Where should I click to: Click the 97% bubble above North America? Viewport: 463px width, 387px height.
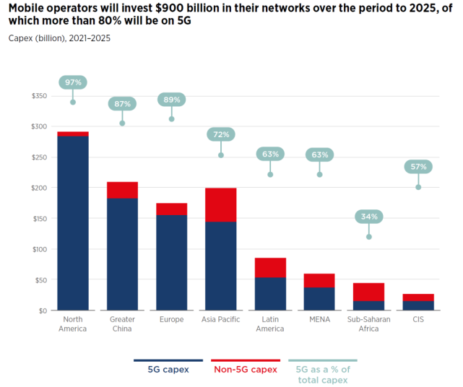[x=73, y=82]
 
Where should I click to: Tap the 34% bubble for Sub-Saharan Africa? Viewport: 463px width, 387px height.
[x=368, y=217]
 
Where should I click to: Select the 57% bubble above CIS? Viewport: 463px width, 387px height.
[x=418, y=167]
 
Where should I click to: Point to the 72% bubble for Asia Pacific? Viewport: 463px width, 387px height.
[x=220, y=134]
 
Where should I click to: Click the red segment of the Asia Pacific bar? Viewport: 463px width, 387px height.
[x=220, y=204]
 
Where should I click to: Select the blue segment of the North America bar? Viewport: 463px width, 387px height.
[x=73, y=222]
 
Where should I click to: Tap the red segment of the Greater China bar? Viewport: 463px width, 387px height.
[x=122, y=190]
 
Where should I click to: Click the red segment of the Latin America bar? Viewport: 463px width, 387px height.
[x=270, y=267]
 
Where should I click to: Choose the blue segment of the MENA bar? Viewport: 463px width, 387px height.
[x=319, y=299]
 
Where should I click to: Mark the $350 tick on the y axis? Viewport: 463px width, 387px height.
[x=40, y=96]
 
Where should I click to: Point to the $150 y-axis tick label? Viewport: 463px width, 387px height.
[x=40, y=219]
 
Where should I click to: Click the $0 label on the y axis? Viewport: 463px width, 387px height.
[x=43, y=310]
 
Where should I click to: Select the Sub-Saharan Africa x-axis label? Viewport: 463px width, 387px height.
[x=368, y=324]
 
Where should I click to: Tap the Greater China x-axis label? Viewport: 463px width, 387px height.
[x=122, y=324]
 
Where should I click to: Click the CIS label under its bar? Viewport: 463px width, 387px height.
[x=418, y=320]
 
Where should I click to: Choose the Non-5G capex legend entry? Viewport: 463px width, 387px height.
[x=245, y=369]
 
